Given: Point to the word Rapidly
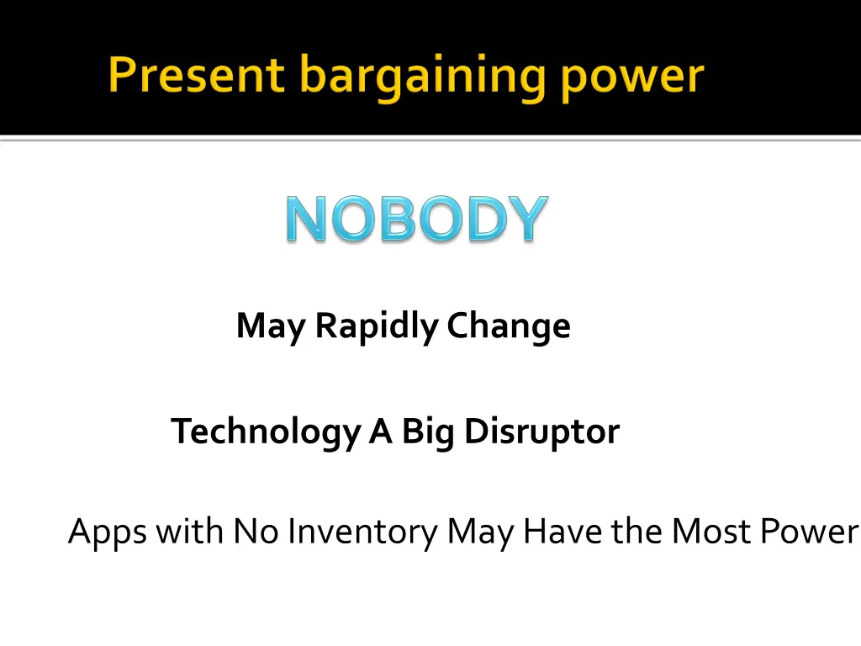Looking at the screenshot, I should point(377,326).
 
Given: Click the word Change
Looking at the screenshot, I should point(509,326).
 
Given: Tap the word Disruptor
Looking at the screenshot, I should point(542,432).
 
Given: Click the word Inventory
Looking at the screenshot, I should point(362,532).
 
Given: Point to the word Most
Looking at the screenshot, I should point(705,532).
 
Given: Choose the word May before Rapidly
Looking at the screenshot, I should point(271,326).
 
